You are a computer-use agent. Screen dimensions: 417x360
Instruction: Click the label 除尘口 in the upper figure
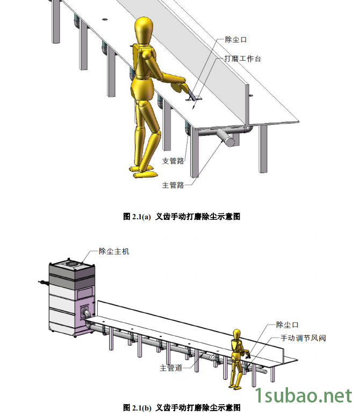point(236,39)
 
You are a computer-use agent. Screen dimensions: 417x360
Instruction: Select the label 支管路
point(172,161)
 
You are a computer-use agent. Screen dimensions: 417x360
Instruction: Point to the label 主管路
point(172,185)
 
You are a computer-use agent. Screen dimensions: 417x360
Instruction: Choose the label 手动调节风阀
point(303,338)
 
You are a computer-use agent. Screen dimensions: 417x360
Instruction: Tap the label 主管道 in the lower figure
point(171,368)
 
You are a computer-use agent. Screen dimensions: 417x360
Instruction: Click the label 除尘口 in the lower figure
point(287,325)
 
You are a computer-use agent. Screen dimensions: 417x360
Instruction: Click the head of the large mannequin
point(144,31)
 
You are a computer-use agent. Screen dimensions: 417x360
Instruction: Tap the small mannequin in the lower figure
point(237,357)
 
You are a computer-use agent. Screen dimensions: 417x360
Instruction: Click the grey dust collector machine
point(71,298)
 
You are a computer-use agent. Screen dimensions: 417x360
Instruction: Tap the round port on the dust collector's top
point(70,263)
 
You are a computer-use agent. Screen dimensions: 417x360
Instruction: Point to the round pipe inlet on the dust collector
point(85,313)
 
